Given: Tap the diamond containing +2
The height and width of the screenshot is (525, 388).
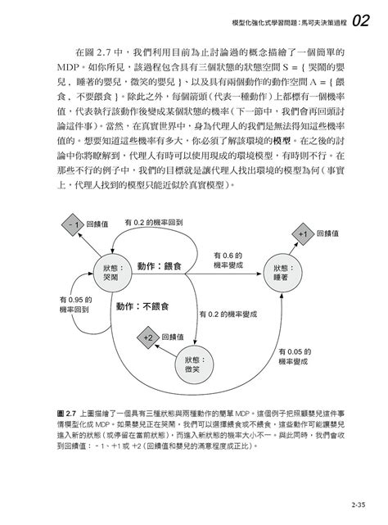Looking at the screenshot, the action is point(148,338).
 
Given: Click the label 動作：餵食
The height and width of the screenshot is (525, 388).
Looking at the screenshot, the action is point(160,267).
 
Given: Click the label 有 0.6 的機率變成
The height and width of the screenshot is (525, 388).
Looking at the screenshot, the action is point(228,260).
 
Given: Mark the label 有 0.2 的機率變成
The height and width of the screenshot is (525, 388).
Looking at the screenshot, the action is point(229,313).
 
